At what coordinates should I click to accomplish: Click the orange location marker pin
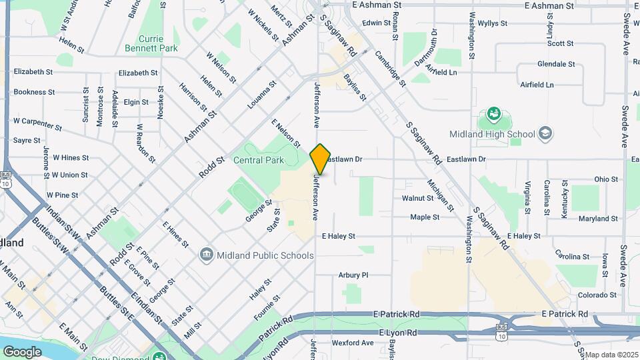pos(320,159)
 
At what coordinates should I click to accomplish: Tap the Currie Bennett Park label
pos(151,43)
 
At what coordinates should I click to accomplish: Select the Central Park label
pos(259,160)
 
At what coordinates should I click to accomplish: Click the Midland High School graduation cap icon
pos(545,133)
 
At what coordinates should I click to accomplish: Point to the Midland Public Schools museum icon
pos(207,255)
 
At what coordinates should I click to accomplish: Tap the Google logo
pos(22,351)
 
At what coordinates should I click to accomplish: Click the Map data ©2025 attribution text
pos(611,355)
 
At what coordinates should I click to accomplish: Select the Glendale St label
pos(556,64)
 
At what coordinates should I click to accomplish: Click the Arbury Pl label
pos(353,275)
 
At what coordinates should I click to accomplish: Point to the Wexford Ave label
pos(353,343)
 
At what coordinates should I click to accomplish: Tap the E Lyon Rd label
pos(399,332)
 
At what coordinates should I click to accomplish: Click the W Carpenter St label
pos(37,123)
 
